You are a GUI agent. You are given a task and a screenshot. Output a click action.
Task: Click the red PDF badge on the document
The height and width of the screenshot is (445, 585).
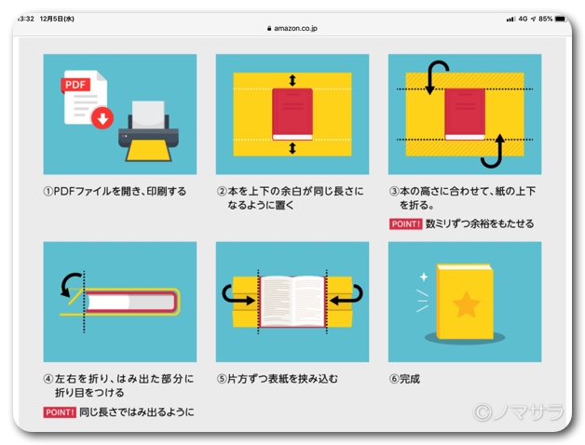[x=75, y=86]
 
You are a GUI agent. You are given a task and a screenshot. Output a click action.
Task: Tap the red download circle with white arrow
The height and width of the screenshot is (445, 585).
[x=102, y=118]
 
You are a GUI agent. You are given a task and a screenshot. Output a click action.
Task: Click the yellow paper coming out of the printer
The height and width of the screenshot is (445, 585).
[x=148, y=151]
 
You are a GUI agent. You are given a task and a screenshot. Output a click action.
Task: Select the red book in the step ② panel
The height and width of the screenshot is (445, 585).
[x=292, y=115]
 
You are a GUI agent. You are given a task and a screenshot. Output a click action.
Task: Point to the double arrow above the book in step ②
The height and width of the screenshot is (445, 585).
[x=292, y=80]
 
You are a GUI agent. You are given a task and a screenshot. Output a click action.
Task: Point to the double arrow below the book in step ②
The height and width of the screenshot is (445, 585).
[x=292, y=148]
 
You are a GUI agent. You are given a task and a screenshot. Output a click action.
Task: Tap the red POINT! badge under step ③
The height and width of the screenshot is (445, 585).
[x=405, y=224]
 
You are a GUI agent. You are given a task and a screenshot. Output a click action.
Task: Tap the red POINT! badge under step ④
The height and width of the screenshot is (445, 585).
[x=60, y=412]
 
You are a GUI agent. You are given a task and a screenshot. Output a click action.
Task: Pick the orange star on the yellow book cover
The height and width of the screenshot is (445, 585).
[x=466, y=304]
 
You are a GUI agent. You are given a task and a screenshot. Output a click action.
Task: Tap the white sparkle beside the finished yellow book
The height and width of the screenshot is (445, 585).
[x=424, y=276]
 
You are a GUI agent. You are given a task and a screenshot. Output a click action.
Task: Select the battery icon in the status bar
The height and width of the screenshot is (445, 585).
[x=560, y=19]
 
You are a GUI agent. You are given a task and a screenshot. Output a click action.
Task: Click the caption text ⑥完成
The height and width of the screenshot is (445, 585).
[x=405, y=379]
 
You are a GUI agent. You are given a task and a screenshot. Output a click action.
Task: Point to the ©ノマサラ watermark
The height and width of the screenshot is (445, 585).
[x=518, y=411]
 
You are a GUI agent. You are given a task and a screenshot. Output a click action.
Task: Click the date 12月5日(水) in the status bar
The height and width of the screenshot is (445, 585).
[x=57, y=19]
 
